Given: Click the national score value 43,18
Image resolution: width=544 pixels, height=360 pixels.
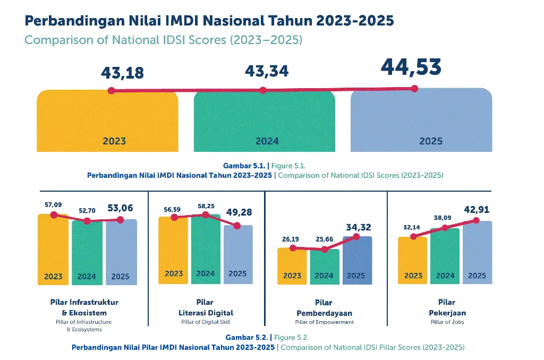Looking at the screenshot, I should (x=122, y=73).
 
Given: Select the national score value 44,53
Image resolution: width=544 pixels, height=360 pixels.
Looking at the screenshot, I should (x=411, y=67).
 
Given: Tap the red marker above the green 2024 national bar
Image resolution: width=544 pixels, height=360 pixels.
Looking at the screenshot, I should (x=262, y=91).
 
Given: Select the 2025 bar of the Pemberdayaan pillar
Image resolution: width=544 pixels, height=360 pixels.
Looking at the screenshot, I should (x=356, y=260).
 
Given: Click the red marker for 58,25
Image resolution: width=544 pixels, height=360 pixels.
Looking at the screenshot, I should (x=206, y=215).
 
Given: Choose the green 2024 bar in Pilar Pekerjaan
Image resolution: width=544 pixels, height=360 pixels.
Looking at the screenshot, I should (x=445, y=255).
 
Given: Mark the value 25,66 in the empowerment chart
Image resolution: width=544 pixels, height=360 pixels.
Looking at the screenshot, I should (x=324, y=239).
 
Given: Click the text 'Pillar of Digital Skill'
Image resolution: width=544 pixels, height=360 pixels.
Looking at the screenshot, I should (x=206, y=322).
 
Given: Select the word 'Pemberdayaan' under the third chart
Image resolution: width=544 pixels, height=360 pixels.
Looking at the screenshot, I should (x=324, y=313).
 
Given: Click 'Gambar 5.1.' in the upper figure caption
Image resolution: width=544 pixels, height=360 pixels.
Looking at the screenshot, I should (x=244, y=166).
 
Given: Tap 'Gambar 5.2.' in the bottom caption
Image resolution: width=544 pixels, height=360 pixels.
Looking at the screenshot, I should (x=248, y=338).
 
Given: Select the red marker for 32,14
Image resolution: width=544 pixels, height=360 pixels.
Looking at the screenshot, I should (x=413, y=237).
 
